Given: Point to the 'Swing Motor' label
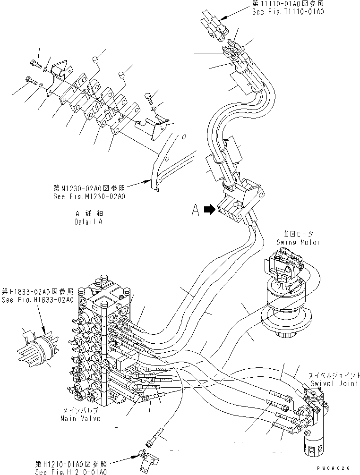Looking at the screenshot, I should (298, 242).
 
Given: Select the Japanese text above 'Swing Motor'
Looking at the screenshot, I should (298, 234).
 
